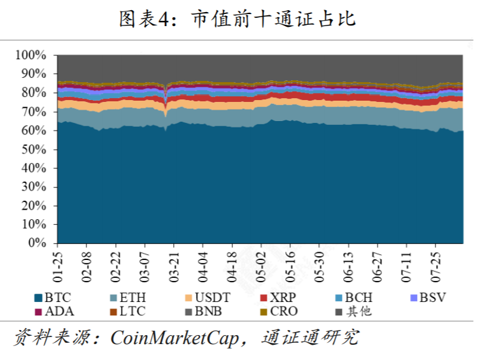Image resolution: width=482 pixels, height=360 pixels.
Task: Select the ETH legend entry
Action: click(x=127, y=297)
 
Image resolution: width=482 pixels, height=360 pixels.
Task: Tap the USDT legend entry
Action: click(x=208, y=297)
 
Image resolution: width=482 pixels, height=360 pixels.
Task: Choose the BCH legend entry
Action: click(x=358, y=297)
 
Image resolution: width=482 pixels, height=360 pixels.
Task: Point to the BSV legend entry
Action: click(x=432, y=297)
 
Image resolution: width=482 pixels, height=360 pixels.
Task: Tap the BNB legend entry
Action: click(x=208, y=312)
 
